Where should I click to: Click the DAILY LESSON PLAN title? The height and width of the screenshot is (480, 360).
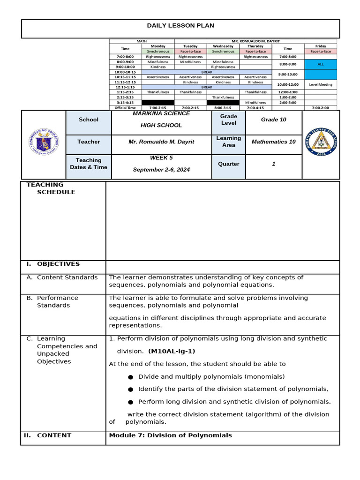click(180, 26)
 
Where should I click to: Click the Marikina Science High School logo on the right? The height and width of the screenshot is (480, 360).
click(321, 142)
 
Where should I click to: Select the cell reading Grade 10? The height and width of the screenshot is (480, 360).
click(273, 120)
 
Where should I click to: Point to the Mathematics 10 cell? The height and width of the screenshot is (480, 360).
click(273, 142)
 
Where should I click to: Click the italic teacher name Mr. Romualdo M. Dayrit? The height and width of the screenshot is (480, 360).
click(161, 142)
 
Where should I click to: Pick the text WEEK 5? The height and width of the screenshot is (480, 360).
click(161, 158)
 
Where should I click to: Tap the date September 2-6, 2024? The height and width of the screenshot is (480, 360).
click(161, 169)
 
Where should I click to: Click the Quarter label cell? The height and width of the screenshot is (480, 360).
click(228, 164)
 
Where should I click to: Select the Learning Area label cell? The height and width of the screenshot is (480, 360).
click(228, 142)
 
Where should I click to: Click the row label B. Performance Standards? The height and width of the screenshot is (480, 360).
click(57, 301)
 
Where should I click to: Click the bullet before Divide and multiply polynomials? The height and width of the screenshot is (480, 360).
click(130, 377)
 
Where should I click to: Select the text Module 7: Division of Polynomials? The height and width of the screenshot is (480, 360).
click(170, 435)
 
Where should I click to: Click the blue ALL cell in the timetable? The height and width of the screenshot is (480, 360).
click(321, 64)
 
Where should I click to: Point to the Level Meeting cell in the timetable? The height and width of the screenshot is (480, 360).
click(321, 84)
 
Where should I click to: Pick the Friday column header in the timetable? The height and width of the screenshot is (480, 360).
click(321, 46)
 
